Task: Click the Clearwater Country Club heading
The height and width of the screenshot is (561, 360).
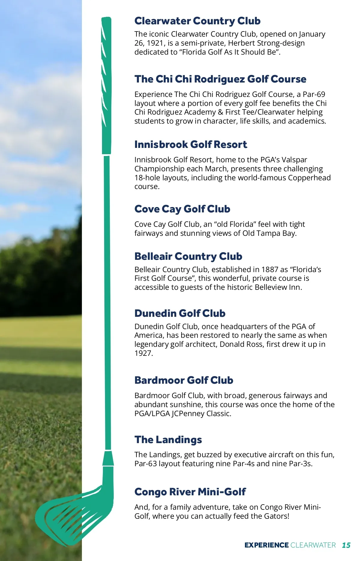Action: (197, 21)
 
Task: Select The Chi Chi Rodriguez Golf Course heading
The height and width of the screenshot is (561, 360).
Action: (220, 79)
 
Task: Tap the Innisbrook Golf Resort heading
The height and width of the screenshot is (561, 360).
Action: (190, 145)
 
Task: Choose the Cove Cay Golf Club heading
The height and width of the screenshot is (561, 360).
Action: (182, 209)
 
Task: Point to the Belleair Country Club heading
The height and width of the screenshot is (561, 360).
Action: (188, 256)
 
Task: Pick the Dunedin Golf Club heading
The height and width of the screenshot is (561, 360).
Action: (180, 313)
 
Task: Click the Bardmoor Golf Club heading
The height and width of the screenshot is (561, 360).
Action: (184, 380)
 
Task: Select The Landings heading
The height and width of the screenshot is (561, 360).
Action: (168, 440)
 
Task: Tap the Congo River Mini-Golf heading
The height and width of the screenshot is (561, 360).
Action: (190, 492)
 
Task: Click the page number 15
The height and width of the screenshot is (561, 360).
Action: (346, 545)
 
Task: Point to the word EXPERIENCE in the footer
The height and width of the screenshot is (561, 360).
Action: (266, 545)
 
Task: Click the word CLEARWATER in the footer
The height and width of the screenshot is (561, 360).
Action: (313, 545)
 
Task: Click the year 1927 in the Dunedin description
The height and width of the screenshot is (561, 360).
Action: (143, 353)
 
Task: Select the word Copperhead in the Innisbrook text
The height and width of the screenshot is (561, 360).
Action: (309, 178)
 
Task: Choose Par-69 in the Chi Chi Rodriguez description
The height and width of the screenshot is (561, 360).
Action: (314, 94)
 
